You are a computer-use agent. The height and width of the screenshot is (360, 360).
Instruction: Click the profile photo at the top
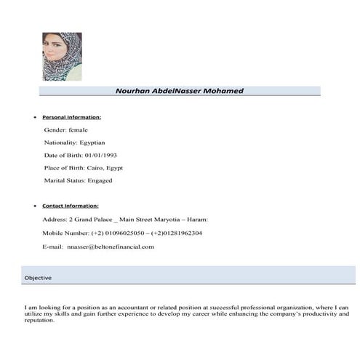62,56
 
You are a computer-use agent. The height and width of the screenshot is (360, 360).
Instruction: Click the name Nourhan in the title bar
135,91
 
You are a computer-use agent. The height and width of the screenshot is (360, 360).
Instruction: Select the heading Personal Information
72,116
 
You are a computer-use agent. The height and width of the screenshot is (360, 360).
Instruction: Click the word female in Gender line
77,129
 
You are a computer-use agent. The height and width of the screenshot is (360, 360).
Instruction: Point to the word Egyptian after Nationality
92,142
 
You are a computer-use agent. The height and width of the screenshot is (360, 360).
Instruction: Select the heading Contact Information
71,206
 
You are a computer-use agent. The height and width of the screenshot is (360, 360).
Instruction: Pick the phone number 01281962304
180,233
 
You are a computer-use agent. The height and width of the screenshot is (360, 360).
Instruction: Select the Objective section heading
38,278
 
